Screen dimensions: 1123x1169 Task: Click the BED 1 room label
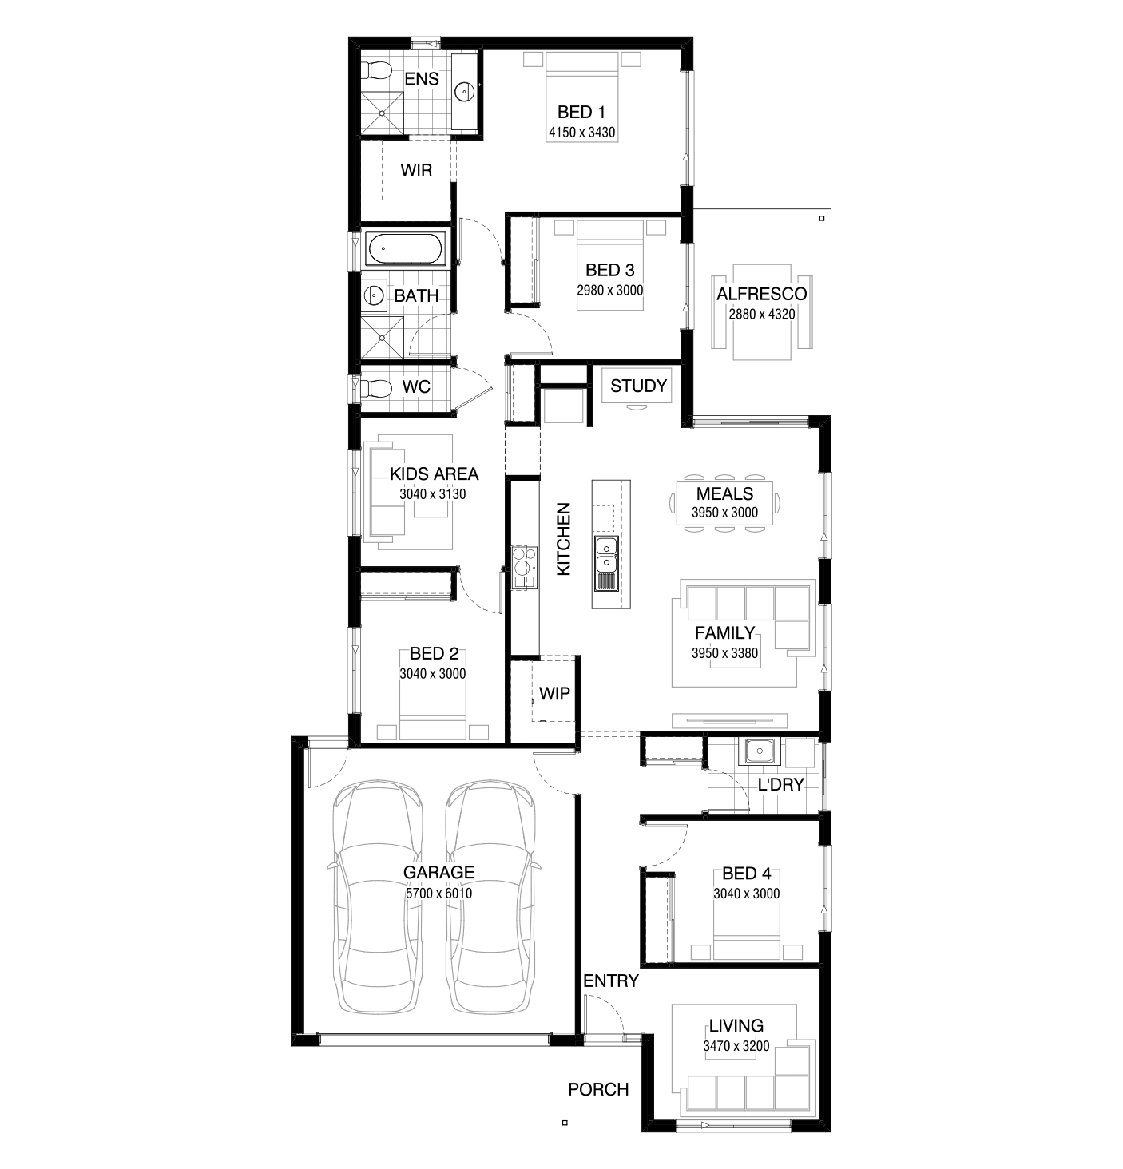point(581,112)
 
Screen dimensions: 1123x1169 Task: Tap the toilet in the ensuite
point(375,71)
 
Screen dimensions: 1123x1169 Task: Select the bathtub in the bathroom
point(404,248)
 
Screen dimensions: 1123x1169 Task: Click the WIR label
point(416,170)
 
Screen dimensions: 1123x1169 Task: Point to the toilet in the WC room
point(375,388)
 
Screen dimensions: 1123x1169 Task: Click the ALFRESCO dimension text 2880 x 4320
point(762,314)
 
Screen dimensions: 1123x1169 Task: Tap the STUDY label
point(638,386)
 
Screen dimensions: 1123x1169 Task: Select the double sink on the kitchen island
point(606,555)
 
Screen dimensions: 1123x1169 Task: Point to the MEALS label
point(724,493)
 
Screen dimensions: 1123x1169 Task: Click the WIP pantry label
point(554,693)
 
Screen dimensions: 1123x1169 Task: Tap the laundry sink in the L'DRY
point(760,751)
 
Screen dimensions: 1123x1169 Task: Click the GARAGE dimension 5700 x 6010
point(438,894)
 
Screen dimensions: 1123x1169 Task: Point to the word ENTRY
point(610,981)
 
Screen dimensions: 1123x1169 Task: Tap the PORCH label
point(598,1089)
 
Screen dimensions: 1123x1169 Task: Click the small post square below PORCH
point(565,1122)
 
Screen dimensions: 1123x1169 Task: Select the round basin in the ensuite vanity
point(465,91)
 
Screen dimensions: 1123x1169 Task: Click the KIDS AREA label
point(434,474)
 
